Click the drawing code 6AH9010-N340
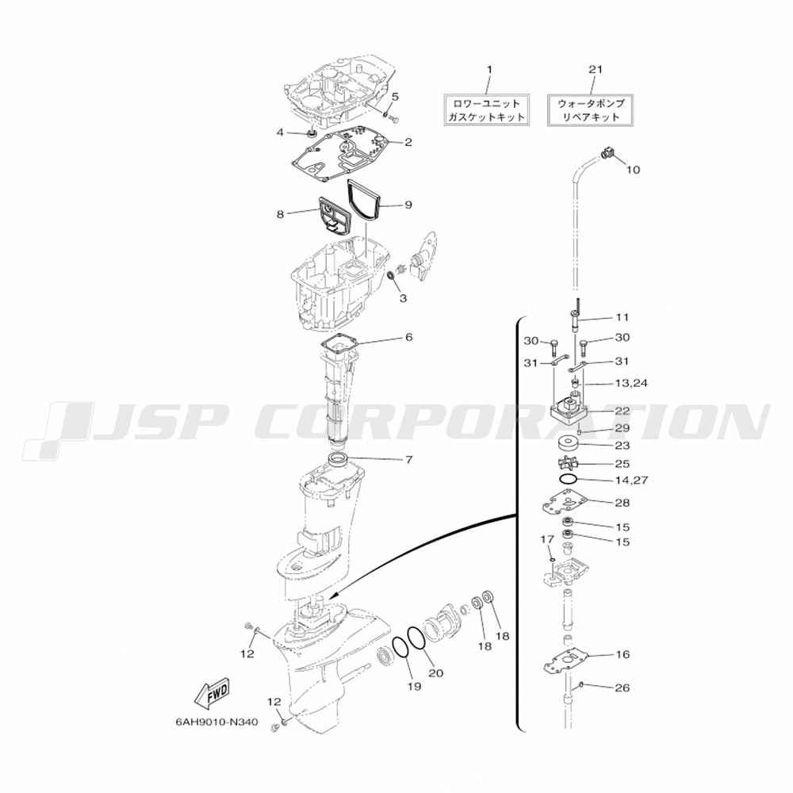click(x=216, y=722)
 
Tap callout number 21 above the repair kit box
click(x=596, y=69)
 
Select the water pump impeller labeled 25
click(x=568, y=462)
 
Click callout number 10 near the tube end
click(x=633, y=170)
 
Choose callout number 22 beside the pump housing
click(x=622, y=411)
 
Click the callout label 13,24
click(x=631, y=383)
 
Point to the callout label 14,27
click(x=631, y=480)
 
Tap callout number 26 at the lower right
click(x=622, y=688)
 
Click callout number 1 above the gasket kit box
click(x=489, y=69)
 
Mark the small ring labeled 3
click(x=390, y=276)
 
